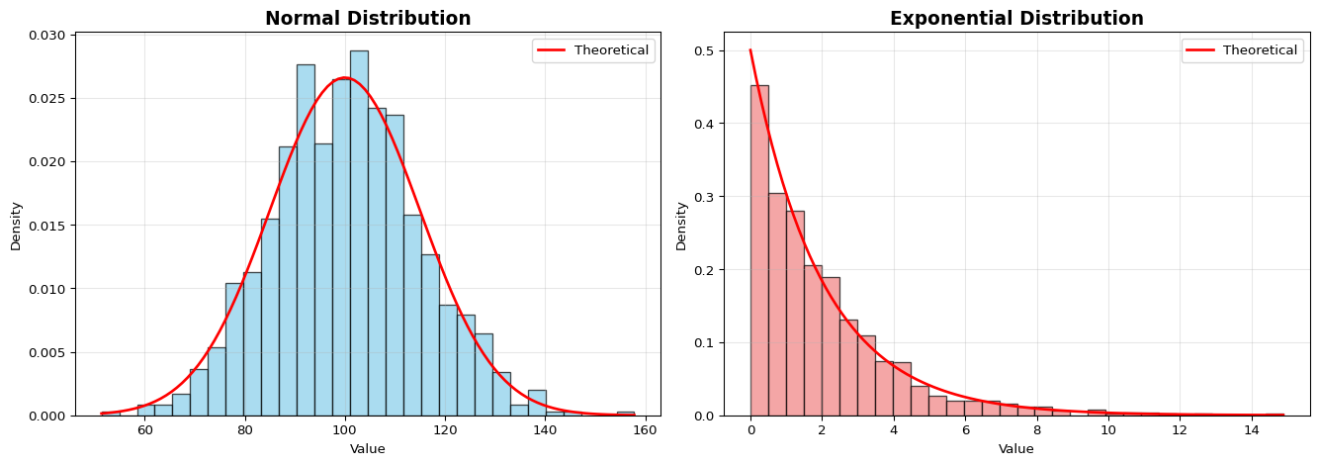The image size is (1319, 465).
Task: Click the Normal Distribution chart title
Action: tap(368, 18)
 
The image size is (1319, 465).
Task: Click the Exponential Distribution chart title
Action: tap(1016, 18)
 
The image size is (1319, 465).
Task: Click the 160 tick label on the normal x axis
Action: tap(646, 431)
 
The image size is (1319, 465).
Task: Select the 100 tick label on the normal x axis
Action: tap(344, 431)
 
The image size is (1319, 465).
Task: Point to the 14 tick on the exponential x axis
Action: tap(1252, 431)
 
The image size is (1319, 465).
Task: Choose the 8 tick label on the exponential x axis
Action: tap(1037, 431)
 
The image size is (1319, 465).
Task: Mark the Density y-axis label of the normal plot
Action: tap(16, 226)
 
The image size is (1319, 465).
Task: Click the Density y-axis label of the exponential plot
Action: tap(681, 226)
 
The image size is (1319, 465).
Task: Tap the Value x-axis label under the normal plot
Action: tap(368, 449)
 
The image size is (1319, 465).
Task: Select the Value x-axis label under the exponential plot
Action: tap(1016, 449)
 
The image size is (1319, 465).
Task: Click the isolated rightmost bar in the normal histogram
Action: tap(625, 414)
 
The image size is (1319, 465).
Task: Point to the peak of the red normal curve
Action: tap(344, 78)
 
